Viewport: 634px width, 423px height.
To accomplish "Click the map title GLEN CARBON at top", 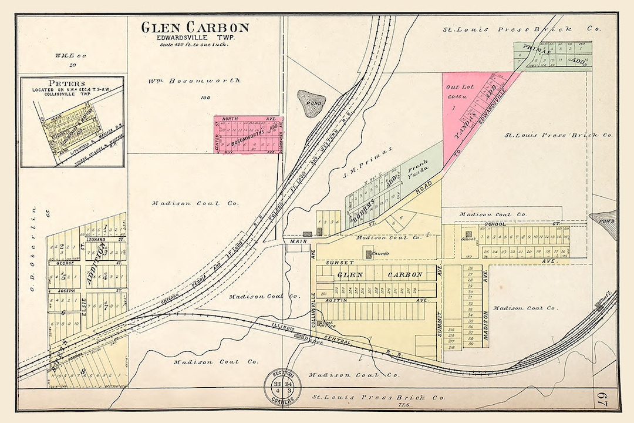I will pos(194,28).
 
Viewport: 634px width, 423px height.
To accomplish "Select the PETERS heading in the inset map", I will pos(67,83).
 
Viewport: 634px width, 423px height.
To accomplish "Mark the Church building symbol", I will pos(369,254).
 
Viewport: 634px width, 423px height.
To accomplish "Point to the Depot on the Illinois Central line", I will pos(303,337).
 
